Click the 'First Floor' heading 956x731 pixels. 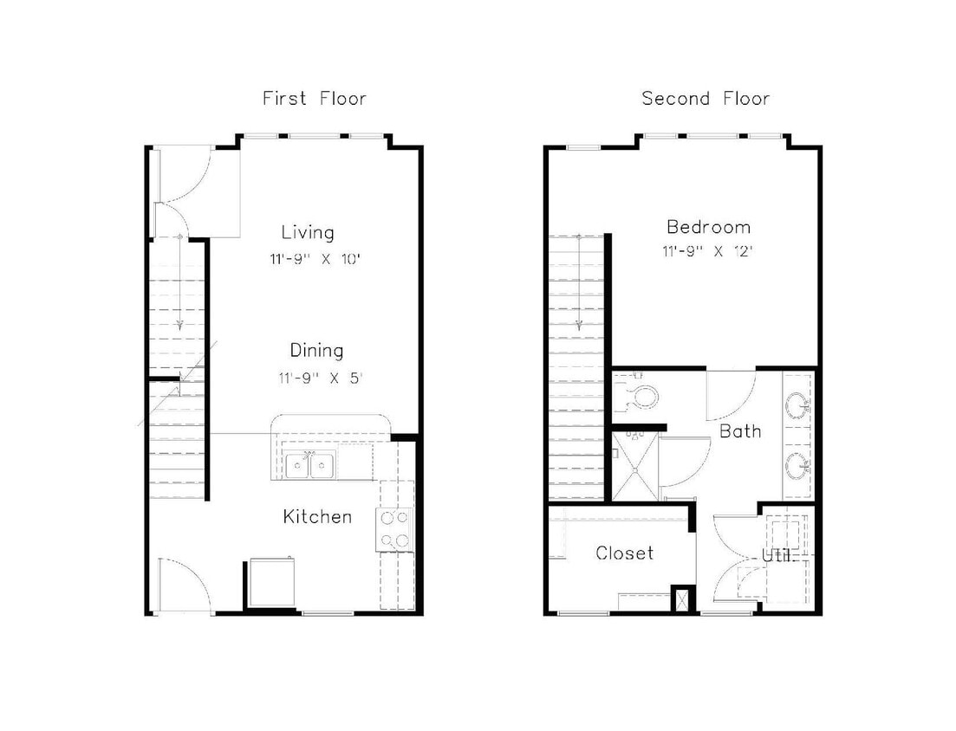tap(314, 99)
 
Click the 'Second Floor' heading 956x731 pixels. tap(706, 99)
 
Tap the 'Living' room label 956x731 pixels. tap(308, 232)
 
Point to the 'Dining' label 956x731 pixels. tap(316, 351)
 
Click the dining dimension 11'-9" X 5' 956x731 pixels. tap(316, 378)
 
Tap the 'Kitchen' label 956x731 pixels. tap(317, 517)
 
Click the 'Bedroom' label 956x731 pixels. tap(708, 228)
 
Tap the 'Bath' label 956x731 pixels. tap(740, 430)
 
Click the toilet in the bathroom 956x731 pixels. tap(642, 397)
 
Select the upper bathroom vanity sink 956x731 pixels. tap(798, 404)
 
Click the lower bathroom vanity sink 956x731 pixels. tap(798, 465)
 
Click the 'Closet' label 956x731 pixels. tap(624, 553)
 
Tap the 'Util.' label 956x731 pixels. tap(777, 555)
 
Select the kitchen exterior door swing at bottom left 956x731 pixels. tap(184, 585)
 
